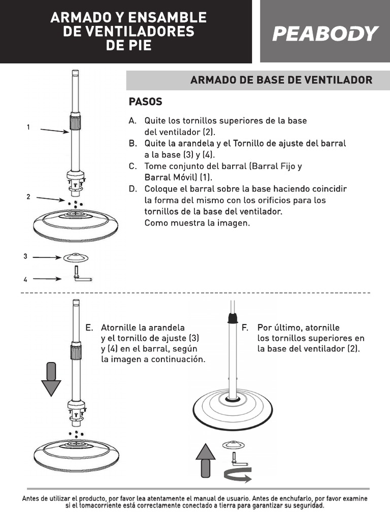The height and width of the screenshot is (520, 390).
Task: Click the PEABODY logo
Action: (x=325, y=34)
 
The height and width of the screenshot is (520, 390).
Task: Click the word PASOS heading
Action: (x=145, y=102)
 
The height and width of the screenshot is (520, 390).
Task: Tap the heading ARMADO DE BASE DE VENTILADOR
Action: (x=281, y=80)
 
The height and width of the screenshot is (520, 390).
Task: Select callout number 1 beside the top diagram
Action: (x=28, y=127)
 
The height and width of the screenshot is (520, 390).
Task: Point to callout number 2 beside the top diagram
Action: (x=28, y=197)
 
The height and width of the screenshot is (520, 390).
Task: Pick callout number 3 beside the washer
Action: (x=25, y=256)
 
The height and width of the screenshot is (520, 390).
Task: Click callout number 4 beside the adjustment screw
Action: (x=25, y=279)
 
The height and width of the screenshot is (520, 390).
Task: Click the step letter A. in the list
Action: (x=133, y=121)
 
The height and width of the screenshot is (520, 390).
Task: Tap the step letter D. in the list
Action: (x=133, y=189)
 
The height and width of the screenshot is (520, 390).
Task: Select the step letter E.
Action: (x=89, y=328)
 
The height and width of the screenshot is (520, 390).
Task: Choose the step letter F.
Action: (x=245, y=328)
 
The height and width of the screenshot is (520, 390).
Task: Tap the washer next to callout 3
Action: (x=76, y=257)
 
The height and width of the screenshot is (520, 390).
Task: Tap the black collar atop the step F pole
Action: (x=233, y=318)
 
